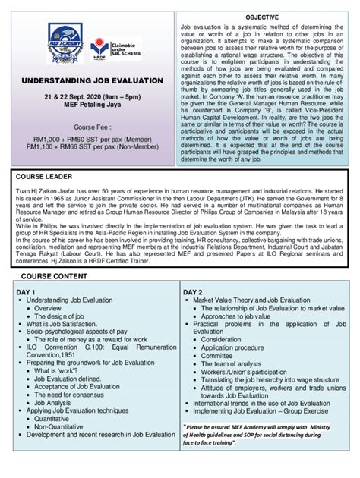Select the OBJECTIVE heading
(261, 16)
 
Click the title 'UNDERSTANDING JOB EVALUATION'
(92, 80)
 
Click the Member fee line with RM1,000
(92, 140)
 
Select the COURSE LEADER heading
(46, 176)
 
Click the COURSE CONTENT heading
(53, 276)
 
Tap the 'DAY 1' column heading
(27, 292)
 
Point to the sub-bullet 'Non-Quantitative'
(62, 427)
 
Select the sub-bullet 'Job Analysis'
(56, 402)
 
